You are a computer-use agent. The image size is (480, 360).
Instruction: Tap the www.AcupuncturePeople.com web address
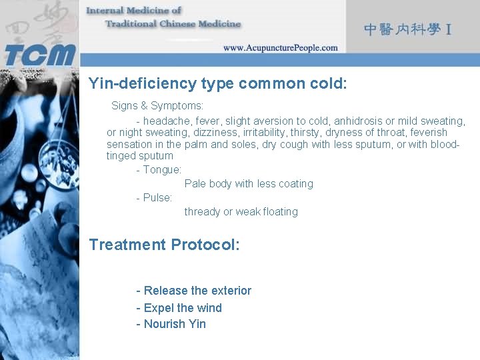click(280, 48)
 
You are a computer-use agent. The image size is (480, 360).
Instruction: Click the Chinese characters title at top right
click(408, 29)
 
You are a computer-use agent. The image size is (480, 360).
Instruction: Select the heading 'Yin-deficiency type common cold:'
click(218, 84)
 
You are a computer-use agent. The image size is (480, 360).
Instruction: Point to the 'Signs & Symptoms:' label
click(157, 106)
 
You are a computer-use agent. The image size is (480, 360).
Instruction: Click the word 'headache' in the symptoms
click(165, 121)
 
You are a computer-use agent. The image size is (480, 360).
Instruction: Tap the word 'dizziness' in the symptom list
click(215, 133)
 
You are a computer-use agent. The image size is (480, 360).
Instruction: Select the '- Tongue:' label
click(159, 170)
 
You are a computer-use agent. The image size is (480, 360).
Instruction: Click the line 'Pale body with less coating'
click(249, 184)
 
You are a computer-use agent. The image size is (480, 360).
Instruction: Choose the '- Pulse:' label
click(154, 198)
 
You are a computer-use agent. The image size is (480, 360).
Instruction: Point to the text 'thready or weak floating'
click(241, 212)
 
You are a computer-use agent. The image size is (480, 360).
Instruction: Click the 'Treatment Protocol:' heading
click(164, 245)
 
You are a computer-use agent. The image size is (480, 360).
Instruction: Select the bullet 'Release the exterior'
click(194, 291)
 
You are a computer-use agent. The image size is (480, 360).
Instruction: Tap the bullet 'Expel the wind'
click(179, 308)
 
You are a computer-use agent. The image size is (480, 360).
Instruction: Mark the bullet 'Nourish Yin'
click(171, 325)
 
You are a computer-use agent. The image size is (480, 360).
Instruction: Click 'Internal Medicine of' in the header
click(134, 10)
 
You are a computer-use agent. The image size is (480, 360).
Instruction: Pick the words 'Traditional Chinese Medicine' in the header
click(173, 24)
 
